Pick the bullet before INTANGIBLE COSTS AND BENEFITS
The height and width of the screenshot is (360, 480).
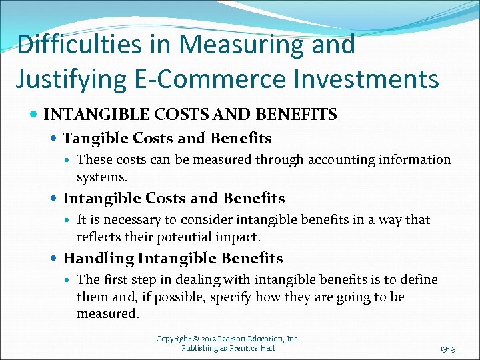click(35, 115)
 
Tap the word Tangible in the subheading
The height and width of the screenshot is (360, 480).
click(95, 139)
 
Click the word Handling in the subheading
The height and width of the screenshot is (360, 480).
click(98, 259)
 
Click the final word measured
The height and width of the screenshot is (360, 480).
click(107, 313)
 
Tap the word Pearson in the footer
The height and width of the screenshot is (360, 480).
click(231, 339)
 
